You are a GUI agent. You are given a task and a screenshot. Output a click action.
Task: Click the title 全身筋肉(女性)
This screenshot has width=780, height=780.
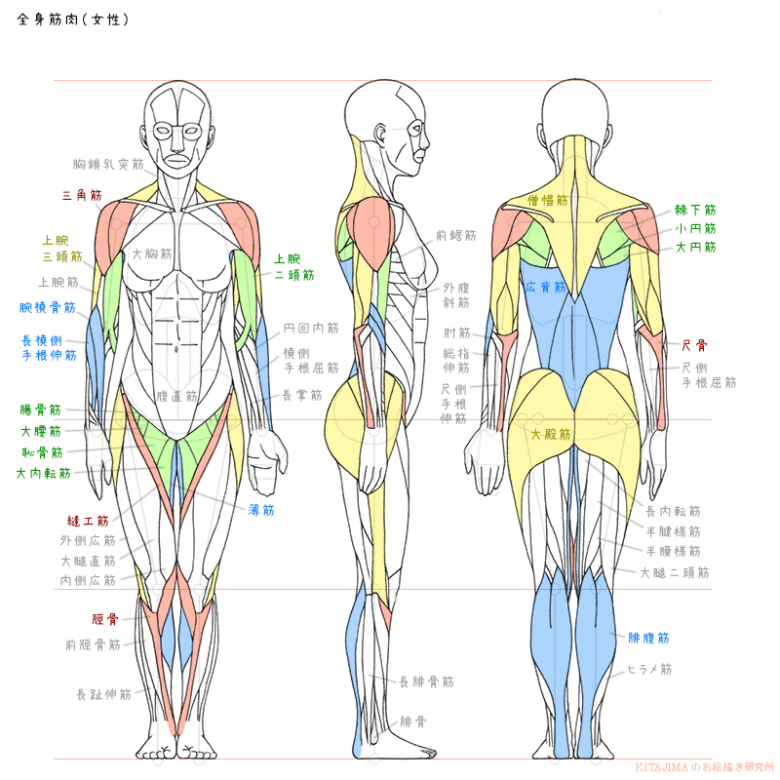pos(73,19)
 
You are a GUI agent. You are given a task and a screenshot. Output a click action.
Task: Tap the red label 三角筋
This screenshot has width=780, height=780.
pos(82,196)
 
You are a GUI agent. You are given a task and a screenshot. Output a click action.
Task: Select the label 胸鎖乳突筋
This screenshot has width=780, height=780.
pos(108,165)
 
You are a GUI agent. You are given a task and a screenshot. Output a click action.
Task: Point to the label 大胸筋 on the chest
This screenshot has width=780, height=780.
pos(152,253)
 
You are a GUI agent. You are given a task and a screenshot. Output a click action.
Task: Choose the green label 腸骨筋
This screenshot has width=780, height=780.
pos(41,410)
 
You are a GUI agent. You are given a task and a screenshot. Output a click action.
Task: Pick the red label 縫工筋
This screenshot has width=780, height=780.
pos(88,522)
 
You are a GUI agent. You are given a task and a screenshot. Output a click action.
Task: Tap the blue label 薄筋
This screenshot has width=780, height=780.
pos(261,509)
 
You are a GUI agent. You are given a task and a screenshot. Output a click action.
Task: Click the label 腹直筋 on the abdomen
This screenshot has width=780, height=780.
pos(177,397)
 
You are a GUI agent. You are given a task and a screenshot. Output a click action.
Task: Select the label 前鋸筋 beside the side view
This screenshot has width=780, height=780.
pos(456,236)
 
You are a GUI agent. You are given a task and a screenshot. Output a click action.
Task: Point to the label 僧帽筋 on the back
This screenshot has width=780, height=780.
pos(547,200)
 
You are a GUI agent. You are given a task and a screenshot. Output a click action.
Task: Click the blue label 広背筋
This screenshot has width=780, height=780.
pos(545,288)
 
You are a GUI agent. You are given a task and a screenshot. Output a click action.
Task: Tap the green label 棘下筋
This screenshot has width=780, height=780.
pos(695,210)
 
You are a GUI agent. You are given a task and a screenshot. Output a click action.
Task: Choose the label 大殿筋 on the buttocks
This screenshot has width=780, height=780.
pos(551,434)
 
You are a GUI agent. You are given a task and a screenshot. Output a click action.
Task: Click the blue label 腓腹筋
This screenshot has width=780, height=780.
pos(648,638)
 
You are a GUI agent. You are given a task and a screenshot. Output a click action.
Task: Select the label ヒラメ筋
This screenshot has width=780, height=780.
pos(649,670)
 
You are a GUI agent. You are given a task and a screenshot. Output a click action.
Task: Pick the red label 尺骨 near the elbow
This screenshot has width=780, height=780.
pos(694,345)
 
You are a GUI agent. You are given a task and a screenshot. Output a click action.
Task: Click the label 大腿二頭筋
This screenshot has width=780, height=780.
pos(674,572)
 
